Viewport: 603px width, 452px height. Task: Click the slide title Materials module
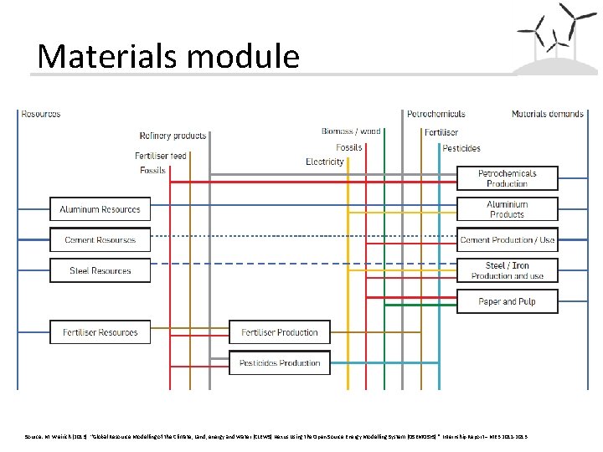tap(168, 56)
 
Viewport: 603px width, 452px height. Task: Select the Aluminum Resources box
tap(100, 209)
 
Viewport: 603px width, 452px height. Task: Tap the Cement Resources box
tap(100, 240)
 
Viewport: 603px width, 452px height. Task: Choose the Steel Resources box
tap(100, 271)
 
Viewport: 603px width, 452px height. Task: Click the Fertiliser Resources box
tap(100, 332)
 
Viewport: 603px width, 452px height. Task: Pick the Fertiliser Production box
tap(280, 332)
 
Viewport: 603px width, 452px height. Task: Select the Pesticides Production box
tap(280, 363)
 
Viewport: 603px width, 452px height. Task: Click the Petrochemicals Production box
tap(507, 179)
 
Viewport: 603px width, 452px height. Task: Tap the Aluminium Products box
tap(507, 209)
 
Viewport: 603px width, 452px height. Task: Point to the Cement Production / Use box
tap(507, 240)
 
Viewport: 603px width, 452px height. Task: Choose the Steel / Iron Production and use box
tap(507, 271)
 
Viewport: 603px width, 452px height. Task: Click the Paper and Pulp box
tap(507, 301)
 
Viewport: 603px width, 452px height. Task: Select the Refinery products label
tap(173, 136)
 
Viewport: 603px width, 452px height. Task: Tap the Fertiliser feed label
tap(161, 156)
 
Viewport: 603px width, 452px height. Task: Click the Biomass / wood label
tap(351, 131)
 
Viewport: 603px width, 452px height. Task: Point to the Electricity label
tap(325, 162)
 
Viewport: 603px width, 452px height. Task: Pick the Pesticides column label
tap(461, 148)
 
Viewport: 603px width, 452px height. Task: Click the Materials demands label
tap(547, 114)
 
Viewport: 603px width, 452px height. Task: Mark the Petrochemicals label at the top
tap(436, 114)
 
